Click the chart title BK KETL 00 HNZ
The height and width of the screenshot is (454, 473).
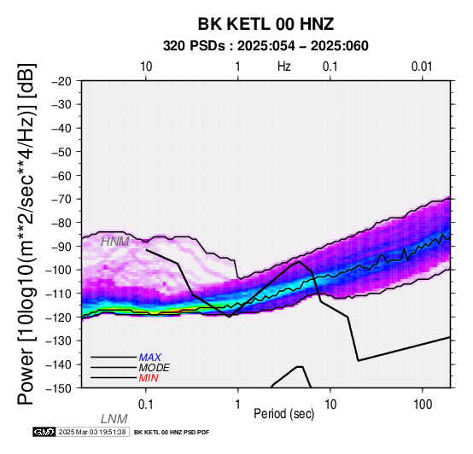point(266,24)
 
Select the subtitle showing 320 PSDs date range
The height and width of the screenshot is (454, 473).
point(266,46)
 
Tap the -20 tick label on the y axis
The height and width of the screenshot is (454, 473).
point(61,81)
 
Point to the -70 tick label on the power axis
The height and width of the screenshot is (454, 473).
point(61,200)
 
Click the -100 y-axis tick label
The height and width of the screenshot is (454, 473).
point(59,270)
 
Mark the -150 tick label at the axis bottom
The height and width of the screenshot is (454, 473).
point(59,388)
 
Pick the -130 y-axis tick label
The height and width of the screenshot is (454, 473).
point(59,341)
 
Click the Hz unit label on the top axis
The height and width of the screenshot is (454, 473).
point(284,67)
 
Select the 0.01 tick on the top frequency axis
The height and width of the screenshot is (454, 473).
point(422,67)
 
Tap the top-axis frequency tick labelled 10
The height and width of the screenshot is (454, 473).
point(146,67)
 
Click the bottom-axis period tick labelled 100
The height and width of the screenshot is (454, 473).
point(423,405)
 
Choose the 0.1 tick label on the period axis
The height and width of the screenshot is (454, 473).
point(146,405)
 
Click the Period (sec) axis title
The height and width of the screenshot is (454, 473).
point(284,414)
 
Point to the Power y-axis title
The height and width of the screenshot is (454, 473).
point(26,234)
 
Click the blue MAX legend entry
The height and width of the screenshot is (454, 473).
point(150,358)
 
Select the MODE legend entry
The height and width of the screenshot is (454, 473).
point(155,368)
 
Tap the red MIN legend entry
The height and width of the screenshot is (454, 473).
point(149,378)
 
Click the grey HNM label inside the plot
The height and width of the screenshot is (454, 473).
point(115,242)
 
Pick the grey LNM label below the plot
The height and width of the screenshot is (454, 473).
point(114,419)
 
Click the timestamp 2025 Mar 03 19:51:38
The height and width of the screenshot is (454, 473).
point(92,432)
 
